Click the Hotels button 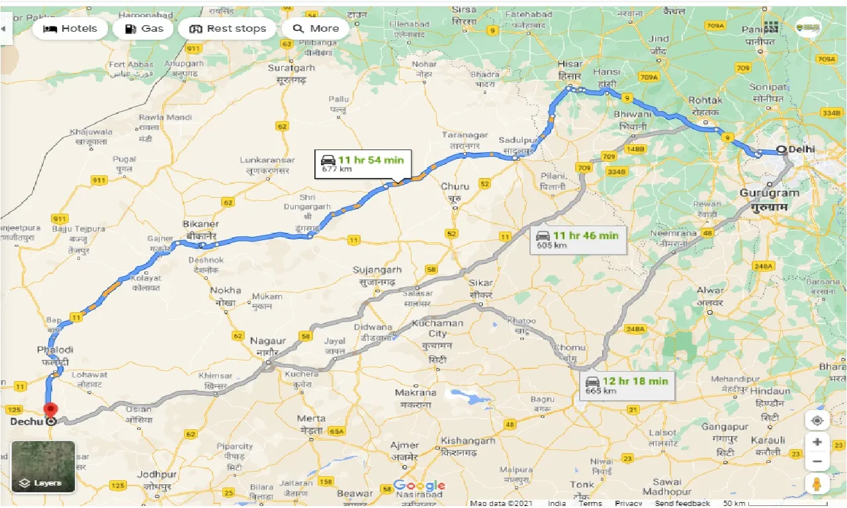[69, 28]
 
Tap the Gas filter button [143, 28]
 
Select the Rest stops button [227, 28]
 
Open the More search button [316, 28]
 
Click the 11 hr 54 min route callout [363, 163]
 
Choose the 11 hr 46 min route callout [578, 239]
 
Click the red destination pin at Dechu [50, 411]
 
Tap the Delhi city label [801, 149]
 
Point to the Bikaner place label [202, 224]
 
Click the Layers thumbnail [43, 467]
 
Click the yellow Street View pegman [817, 484]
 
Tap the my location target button [817, 421]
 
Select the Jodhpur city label [157, 475]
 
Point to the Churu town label [455, 187]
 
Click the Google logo [419, 486]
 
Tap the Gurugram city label [769, 193]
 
